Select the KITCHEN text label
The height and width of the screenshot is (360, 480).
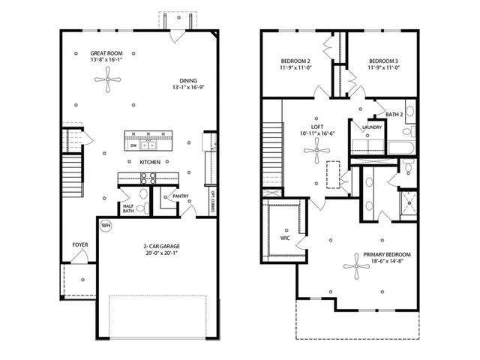(x=149, y=162)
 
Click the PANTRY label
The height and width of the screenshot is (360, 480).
(x=180, y=197)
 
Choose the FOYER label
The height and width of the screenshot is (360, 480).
(x=79, y=245)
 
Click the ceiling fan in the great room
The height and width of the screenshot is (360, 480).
(x=112, y=79)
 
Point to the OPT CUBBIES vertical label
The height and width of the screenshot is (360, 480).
(x=213, y=201)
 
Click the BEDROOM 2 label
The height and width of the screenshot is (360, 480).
(x=295, y=61)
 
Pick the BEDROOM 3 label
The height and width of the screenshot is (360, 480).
(x=382, y=61)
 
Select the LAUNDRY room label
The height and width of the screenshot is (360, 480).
(x=372, y=127)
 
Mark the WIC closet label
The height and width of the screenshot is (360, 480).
(x=284, y=238)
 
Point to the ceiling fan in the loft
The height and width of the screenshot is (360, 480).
(x=316, y=154)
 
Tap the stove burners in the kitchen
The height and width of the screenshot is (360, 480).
(x=147, y=178)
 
